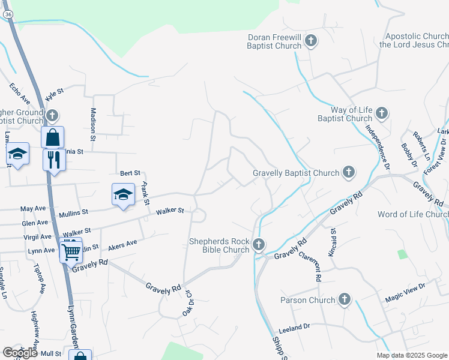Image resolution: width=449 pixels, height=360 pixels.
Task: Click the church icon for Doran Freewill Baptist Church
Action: point(311,41)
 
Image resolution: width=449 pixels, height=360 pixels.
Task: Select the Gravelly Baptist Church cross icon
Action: point(348,173)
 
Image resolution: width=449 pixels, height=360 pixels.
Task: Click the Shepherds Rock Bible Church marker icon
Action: point(259,244)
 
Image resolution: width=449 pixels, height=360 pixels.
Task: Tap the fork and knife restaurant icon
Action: point(54,160)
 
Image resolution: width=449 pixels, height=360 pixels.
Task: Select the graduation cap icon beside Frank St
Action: point(123,194)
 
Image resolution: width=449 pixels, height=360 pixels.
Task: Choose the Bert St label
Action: point(130,173)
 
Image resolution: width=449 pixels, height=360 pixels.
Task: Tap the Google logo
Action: point(20,353)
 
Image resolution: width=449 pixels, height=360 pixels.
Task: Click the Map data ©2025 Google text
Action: point(412,355)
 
